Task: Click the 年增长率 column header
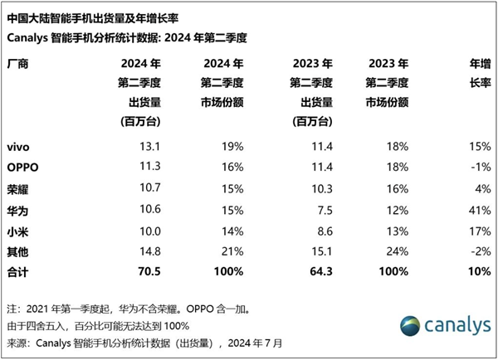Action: click(478, 74)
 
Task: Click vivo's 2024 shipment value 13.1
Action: click(134, 147)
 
